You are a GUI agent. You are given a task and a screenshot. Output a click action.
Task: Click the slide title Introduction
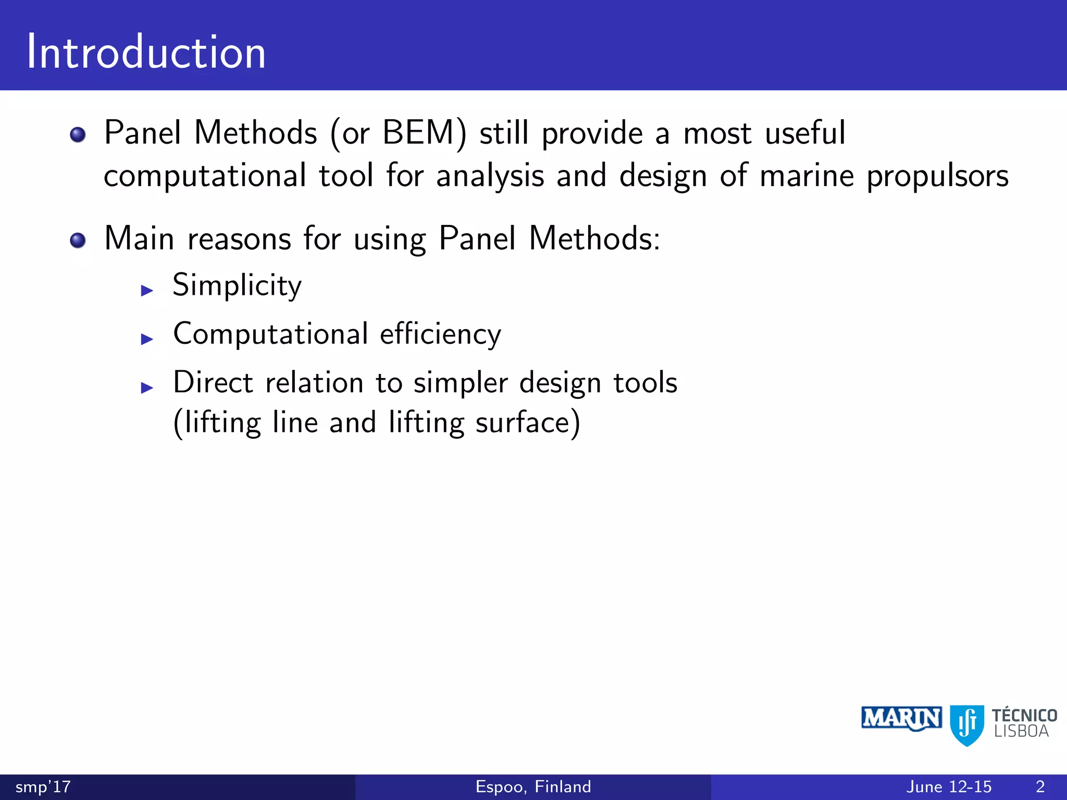(x=146, y=52)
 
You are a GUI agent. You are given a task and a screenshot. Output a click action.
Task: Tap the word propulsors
(x=937, y=176)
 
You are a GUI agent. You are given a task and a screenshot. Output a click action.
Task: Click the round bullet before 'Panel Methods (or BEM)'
(x=78, y=135)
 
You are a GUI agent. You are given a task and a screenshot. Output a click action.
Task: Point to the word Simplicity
(x=237, y=285)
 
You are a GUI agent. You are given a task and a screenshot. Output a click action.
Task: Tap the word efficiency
(x=440, y=334)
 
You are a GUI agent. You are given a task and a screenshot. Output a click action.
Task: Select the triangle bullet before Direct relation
(x=147, y=387)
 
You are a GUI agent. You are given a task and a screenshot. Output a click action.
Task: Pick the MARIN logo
(x=901, y=719)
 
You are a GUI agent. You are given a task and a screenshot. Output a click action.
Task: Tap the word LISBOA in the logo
(x=1021, y=732)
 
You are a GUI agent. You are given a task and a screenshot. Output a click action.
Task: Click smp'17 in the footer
(x=43, y=786)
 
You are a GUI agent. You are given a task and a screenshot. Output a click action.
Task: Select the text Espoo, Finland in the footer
(x=533, y=786)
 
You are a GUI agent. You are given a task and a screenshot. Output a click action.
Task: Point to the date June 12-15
(x=949, y=786)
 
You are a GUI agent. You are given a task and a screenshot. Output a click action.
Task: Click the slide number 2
(x=1040, y=786)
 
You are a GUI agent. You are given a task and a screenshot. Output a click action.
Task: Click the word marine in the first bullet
(x=807, y=176)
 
